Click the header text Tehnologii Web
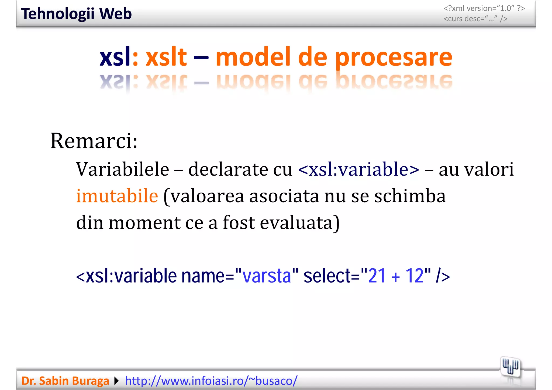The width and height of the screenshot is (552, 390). pos(76,14)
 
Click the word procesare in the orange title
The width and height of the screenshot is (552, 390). pos(394,57)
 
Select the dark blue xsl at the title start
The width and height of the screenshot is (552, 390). pos(115,57)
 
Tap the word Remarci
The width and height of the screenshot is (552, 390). pos(94,141)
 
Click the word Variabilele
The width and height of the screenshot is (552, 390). pos(123,169)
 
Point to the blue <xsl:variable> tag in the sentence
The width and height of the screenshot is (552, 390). pos(358,169)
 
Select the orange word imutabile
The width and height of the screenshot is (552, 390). pos(117,196)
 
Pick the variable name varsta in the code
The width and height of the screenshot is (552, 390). pos(267,276)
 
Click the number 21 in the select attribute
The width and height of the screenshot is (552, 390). pos(377,276)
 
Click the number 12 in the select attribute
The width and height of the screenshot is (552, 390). pos(414,276)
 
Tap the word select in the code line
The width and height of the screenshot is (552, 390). pos(327,276)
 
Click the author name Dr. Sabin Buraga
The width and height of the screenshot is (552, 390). pos(65,381)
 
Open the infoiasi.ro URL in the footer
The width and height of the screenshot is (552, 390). pos(211,381)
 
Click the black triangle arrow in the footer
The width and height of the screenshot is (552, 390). pos(116,381)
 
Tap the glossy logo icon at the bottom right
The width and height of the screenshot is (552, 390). pos(510,367)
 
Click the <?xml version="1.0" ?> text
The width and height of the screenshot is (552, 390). pos(484,8)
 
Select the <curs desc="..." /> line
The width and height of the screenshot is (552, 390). pos(475,19)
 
